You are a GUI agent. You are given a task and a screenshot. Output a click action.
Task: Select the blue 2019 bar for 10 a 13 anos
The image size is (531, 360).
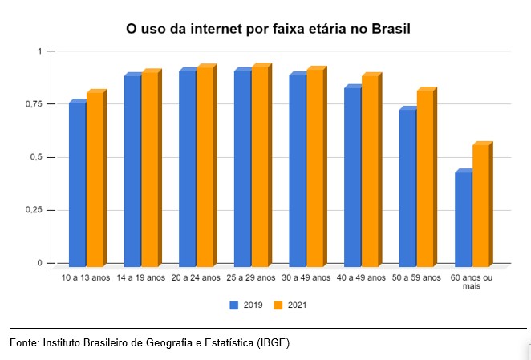click(77, 184)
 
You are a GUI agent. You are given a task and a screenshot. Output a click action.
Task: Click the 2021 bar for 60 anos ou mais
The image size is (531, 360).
click(480, 205)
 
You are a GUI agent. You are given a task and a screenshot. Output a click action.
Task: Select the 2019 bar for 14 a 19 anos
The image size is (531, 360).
click(132, 170)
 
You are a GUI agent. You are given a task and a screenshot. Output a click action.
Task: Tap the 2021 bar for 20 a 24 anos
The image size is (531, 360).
click(205, 166)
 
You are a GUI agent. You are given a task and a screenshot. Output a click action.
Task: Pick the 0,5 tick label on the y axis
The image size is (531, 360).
click(34, 157)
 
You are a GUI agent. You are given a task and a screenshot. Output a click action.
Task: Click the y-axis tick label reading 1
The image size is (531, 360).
click(38, 51)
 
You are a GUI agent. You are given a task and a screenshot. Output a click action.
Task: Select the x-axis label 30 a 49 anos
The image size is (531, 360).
click(306, 277)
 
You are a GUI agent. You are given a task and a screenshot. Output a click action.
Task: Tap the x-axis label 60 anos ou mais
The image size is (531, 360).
click(472, 281)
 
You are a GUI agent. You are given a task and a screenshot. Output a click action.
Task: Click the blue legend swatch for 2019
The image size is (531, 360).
click(233, 305)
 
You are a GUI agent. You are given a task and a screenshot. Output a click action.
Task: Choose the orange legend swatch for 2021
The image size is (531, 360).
click(277, 305)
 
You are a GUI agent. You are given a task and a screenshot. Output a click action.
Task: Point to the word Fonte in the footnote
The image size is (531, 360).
click(24, 342)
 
